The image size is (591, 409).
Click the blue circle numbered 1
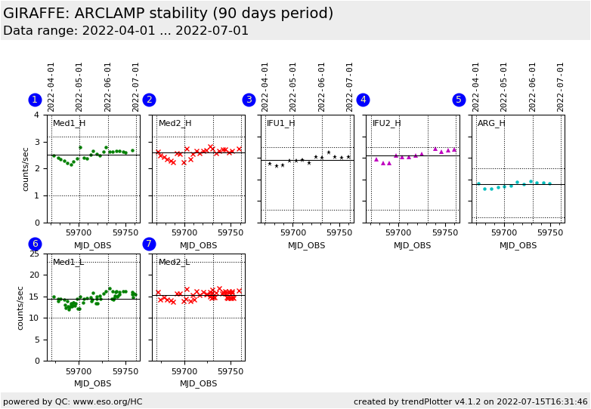(35, 100)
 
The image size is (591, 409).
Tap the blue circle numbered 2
(149, 100)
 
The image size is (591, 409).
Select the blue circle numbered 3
(249, 100)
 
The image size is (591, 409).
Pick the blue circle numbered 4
(363, 100)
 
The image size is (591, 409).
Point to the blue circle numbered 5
(459, 100)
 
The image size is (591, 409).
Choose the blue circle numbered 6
(35, 244)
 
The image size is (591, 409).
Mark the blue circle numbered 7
(149, 244)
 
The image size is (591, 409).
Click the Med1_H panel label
(69, 123)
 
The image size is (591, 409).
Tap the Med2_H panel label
(175, 123)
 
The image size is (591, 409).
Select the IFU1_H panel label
(280, 123)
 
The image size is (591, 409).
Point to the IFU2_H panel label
(386, 123)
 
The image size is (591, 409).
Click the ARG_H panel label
(491, 123)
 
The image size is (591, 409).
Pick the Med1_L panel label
(68, 262)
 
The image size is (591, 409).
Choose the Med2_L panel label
(174, 262)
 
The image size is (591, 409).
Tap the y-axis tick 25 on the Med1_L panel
(33, 254)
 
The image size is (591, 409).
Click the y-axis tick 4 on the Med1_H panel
(36, 115)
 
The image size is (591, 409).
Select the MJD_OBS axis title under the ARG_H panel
(518, 245)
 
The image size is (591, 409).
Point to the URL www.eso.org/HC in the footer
(107, 401)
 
